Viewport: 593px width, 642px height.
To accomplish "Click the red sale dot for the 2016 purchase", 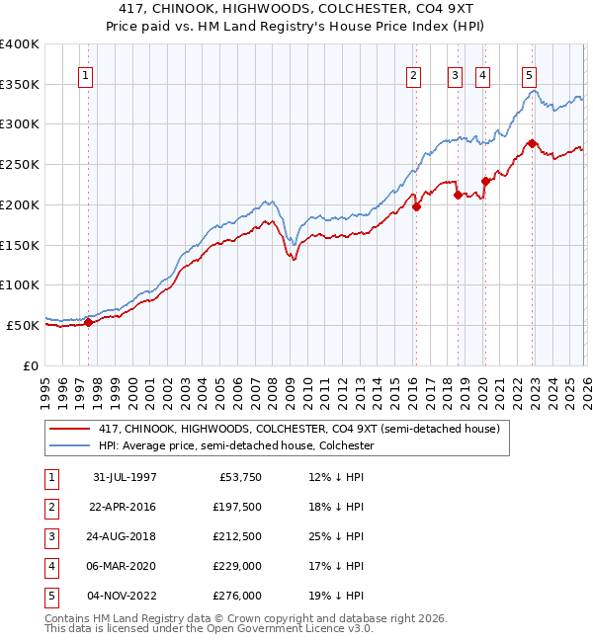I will tap(417, 206).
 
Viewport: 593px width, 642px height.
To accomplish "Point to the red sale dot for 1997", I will tap(89, 321).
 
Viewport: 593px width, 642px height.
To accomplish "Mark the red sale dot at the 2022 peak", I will tap(532, 143).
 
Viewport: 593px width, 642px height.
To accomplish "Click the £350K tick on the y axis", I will tap(20, 84).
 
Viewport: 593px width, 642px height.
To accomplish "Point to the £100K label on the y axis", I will tap(20, 284).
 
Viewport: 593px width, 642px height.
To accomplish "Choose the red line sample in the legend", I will tap(71, 429).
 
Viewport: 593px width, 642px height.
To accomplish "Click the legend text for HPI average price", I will tap(235, 445).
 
